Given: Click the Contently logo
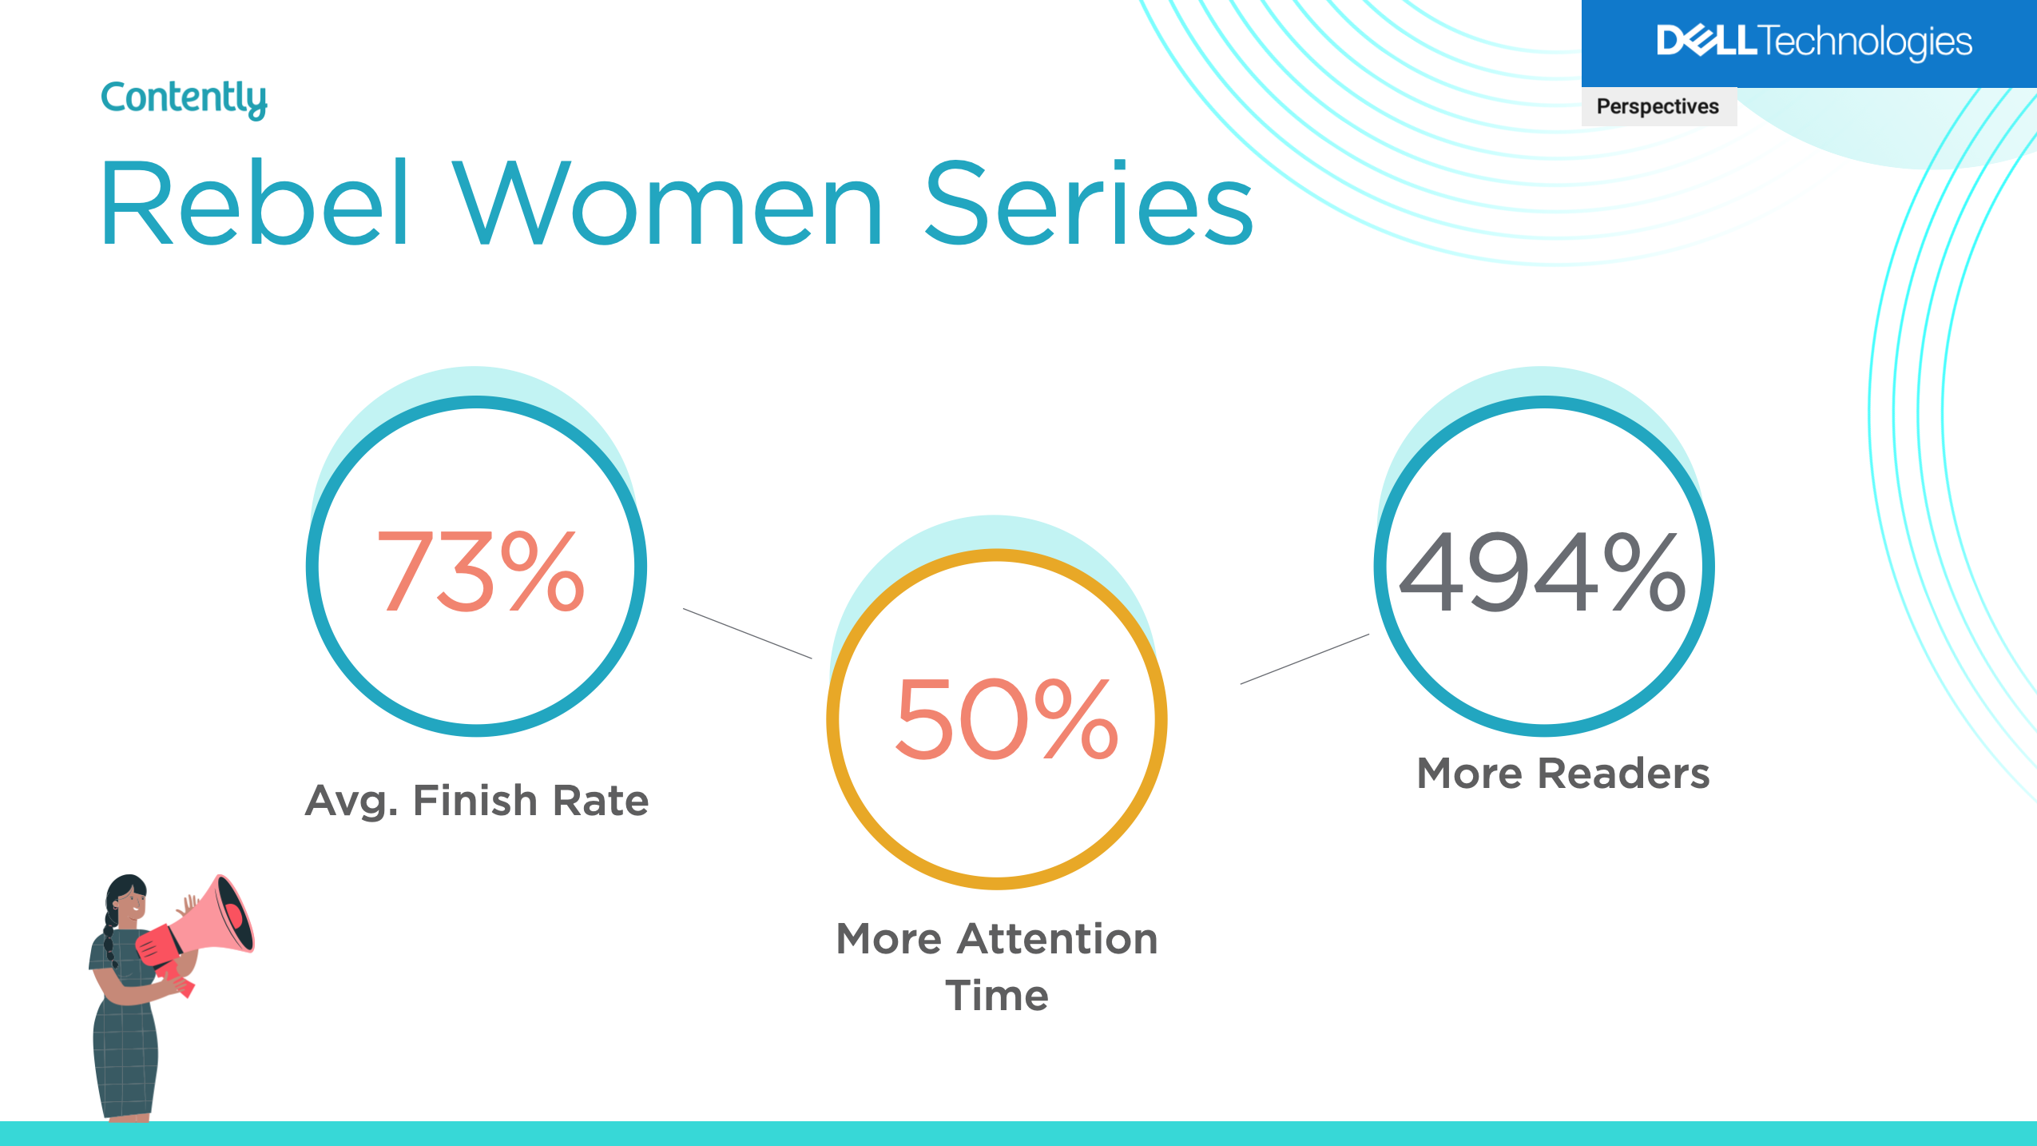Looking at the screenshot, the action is tap(184, 99).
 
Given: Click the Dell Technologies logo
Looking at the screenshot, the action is tap(1814, 42).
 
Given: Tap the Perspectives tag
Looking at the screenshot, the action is tap(1658, 106).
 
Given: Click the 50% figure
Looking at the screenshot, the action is tap(1007, 718).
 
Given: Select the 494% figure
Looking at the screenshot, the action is tap(1543, 572).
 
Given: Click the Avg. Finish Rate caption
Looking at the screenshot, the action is tap(477, 801).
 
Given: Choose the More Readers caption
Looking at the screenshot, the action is tap(1563, 773).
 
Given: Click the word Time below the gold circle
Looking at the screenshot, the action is tap(997, 996).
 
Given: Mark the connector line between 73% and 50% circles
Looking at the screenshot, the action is tap(747, 633).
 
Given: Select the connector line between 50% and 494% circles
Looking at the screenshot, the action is tap(1304, 659).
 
